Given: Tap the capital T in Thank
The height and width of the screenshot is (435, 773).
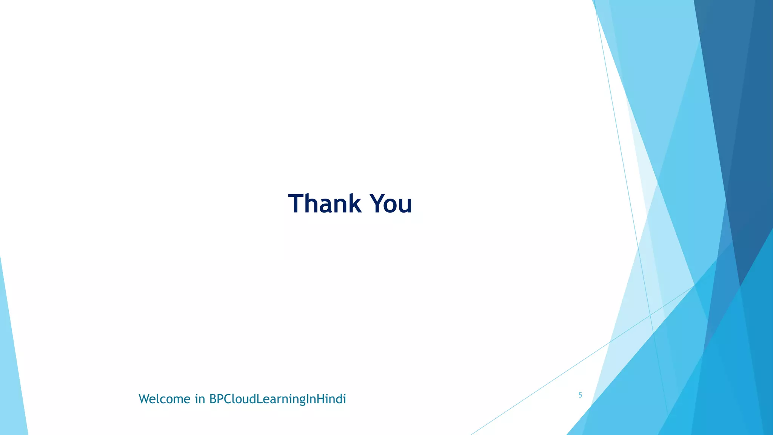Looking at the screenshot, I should [297, 204].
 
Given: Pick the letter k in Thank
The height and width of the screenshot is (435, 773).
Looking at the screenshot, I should [354, 204].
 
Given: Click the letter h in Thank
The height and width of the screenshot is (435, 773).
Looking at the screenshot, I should [312, 204].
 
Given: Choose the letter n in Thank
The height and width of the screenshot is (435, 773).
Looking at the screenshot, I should [340, 206].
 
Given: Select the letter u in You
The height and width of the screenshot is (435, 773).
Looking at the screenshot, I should [405, 206].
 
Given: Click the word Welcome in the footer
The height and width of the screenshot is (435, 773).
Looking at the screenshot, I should [165, 399].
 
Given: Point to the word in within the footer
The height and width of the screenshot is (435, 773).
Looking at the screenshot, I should [200, 399].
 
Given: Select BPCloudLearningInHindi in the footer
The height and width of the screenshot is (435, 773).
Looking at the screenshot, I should [277, 399].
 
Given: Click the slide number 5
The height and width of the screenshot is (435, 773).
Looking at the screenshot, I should [580, 395].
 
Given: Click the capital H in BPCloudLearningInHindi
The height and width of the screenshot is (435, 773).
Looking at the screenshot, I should [320, 399].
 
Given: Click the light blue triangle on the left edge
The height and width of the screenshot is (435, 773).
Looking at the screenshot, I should [11, 378].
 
